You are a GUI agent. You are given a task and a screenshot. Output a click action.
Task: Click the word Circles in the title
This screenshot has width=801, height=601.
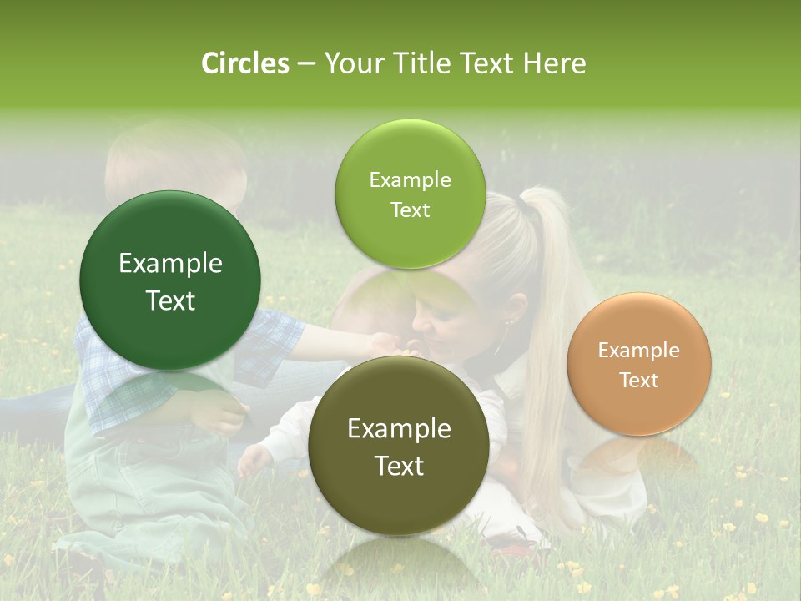click(x=245, y=63)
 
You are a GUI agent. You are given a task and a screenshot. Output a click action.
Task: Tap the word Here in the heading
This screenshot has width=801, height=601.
click(x=554, y=63)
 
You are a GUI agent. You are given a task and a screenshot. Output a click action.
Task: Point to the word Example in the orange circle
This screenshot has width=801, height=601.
click(x=639, y=351)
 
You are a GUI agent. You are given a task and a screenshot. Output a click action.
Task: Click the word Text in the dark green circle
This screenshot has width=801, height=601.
click(x=170, y=300)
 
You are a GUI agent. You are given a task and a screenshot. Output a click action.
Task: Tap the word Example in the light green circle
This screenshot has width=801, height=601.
click(x=410, y=179)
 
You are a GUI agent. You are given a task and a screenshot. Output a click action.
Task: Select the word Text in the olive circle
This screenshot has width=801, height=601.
click(x=399, y=466)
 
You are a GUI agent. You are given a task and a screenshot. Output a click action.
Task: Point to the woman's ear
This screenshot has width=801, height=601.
click(x=510, y=316)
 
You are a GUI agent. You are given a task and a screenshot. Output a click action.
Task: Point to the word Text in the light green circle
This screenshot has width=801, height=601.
click(x=410, y=210)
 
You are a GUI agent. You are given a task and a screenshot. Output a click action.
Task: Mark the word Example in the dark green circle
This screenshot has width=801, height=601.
click(x=170, y=264)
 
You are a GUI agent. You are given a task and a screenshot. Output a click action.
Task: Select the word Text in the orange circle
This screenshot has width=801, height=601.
click(x=639, y=381)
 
